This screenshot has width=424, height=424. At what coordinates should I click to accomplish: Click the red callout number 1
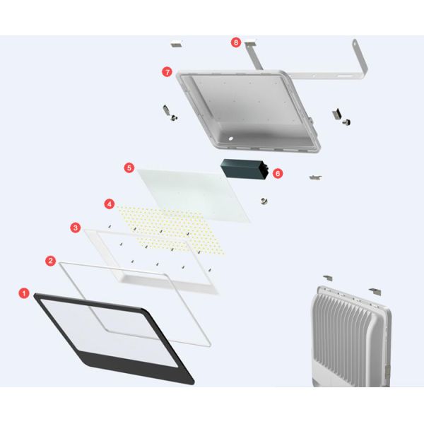tap(24, 293)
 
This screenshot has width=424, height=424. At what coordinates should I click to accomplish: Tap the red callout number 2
tap(50, 261)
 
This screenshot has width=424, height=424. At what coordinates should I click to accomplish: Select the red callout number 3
tap(76, 228)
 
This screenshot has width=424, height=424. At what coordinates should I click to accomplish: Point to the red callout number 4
tap(110, 204)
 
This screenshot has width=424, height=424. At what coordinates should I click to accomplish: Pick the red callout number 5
tap(129, 168)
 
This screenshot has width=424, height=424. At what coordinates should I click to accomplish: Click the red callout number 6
tap(278, 173)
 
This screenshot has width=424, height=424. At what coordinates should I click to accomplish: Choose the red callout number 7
tap(167, 72)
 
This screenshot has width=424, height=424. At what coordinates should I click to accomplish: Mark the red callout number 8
tap(236, 42)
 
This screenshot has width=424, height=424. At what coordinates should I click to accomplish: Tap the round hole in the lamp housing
tap(230, 139)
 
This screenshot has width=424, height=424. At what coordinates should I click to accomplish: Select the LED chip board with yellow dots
tap(171, 230)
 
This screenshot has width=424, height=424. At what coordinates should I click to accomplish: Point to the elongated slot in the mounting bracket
tap(345, 76)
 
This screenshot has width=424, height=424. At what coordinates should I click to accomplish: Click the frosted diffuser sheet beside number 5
tap(194, 195)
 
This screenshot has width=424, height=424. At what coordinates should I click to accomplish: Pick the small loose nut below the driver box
tap(264, 201)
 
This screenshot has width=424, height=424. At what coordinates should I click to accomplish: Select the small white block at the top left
tap(177, 44)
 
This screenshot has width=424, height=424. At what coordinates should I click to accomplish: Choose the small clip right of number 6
tap(316, 177)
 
